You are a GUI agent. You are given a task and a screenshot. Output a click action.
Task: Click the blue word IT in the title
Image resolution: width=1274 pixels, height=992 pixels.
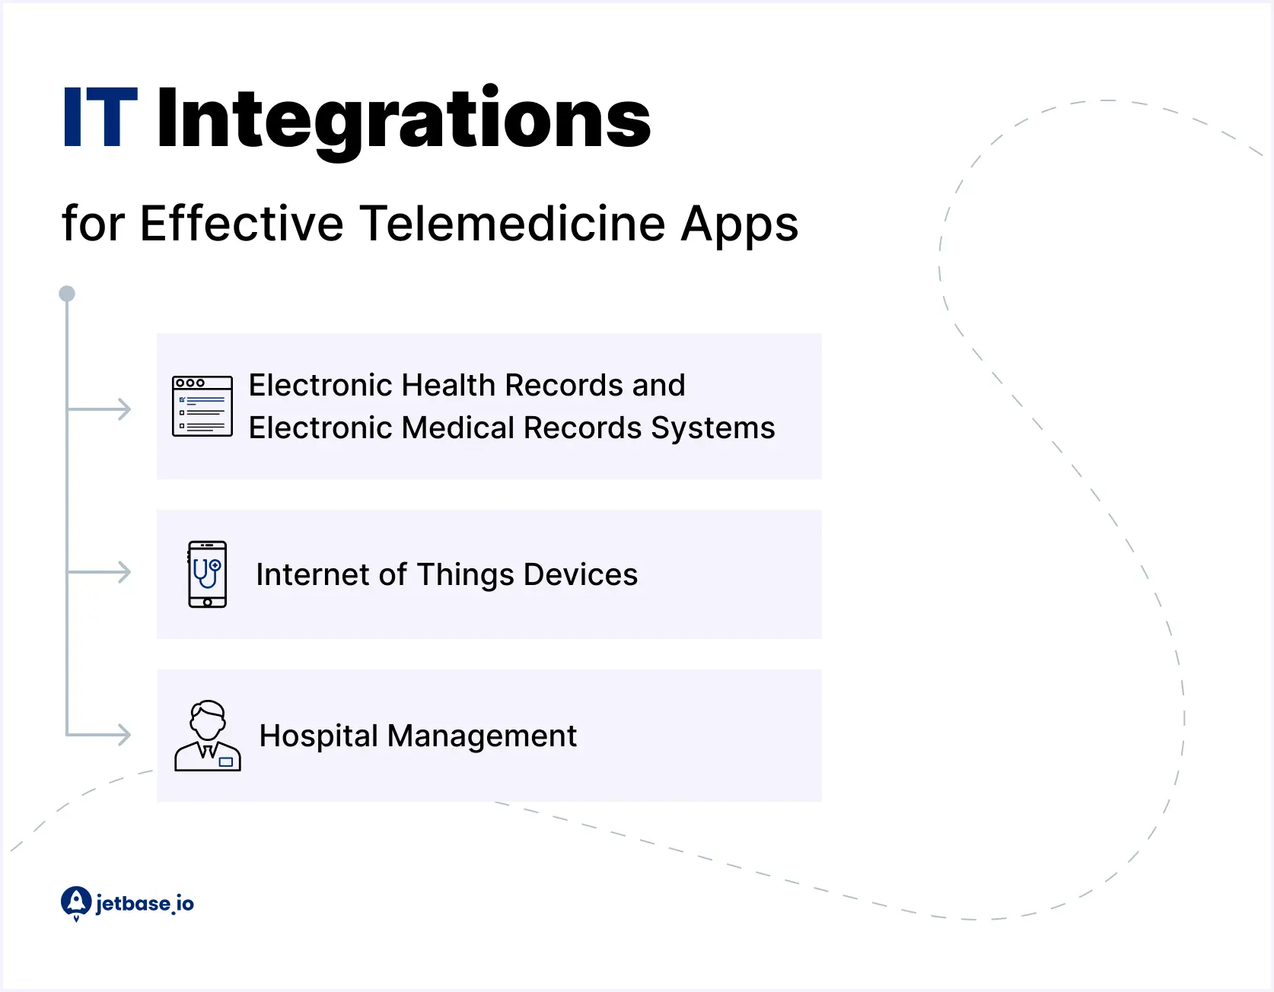point(100,118)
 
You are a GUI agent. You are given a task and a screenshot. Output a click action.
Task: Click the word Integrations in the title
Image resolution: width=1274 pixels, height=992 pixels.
point(403,119)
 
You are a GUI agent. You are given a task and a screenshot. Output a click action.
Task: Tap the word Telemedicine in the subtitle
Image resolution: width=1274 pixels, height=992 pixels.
point(513,224)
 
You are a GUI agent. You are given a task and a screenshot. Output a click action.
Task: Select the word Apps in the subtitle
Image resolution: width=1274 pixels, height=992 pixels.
point(739,225)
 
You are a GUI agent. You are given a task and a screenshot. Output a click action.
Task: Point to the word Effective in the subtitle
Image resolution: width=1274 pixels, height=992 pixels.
point(242,224)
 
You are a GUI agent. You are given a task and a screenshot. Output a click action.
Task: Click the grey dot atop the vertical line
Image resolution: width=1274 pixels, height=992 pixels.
point(67,294)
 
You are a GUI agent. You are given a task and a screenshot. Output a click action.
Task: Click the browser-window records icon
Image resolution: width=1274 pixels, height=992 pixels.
point(202,406)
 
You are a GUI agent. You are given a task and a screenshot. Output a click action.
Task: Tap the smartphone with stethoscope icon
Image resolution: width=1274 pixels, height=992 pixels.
point(207,574)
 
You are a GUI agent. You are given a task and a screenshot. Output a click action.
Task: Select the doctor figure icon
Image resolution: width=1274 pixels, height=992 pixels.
point(208,736)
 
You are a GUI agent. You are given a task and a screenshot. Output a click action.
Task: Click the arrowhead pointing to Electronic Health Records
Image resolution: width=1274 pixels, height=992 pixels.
point(123,409)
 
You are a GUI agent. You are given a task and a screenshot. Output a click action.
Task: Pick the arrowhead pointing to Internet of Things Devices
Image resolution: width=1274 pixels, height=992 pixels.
point(123,572)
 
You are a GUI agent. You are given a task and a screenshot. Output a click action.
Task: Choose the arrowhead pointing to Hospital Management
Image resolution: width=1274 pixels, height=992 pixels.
point(123,735)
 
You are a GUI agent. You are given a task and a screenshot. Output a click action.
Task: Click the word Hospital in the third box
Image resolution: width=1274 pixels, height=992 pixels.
point(318,736)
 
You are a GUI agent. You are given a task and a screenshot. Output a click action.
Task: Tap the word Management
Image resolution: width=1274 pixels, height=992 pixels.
point(482,736)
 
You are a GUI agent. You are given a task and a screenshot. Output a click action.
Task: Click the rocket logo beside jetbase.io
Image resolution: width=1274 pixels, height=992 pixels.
point(76,903)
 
